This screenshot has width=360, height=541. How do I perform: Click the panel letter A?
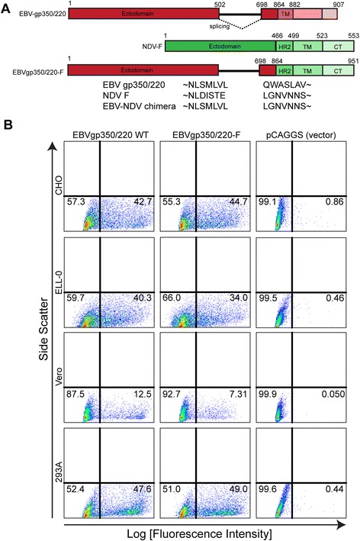(x=6, y=6)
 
